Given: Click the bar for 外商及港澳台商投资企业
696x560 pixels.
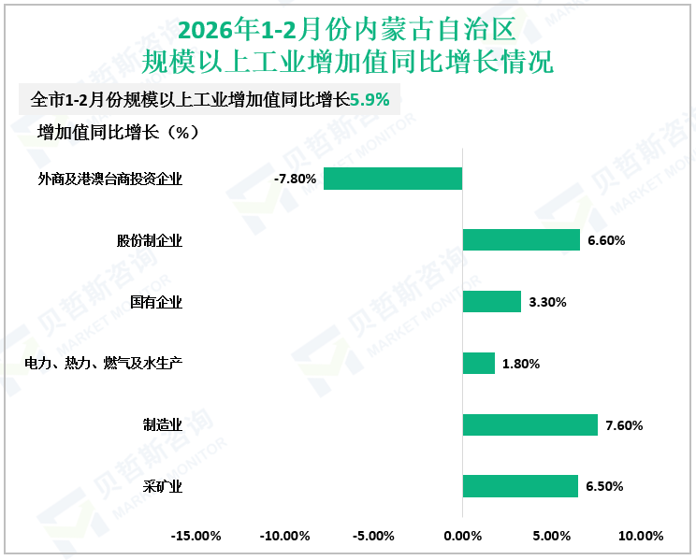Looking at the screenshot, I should click(x=393, y=179).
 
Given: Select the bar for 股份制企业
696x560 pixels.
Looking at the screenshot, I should click(x=521, y=240).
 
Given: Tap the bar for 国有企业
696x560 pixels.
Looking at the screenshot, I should click(x=492, y=302).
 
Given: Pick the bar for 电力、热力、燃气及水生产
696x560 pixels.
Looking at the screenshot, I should click(x=479, y=364).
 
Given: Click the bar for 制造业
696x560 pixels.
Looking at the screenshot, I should click(x=530, y=425).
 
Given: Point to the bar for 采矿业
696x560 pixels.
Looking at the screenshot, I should click(x=520, y=486).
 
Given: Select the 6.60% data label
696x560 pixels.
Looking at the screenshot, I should click(x=606, y=240).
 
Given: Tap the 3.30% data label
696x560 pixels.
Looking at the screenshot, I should click(x=547, y=302).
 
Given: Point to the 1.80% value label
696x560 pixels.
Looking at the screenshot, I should click(x=521, y=364).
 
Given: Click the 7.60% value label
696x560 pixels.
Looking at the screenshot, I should click(x=624, y=425).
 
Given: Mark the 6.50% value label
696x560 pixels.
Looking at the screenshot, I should click(x=604, y=486).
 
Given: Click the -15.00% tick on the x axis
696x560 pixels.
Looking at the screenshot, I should click(x=196, y=537).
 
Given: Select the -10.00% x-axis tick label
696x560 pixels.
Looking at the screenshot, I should click(x=284, y=537).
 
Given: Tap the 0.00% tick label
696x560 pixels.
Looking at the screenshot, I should click(x=462, y=537).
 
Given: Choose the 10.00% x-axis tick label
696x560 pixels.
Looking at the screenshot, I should click(x=640, y=537).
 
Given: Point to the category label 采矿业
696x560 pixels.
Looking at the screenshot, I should click(x=163, y=486).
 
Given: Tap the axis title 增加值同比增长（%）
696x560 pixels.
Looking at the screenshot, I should click(x=118, y=132).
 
